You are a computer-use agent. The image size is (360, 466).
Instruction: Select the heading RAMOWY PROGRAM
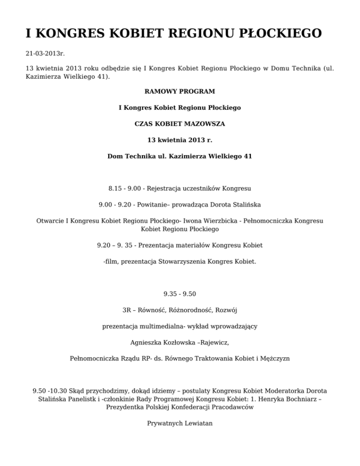click(180, 91)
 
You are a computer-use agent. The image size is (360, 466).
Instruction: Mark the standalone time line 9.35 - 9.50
click(180, 294)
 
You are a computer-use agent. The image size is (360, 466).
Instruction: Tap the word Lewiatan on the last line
click(195, 423)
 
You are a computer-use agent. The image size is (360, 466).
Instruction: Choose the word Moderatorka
click(284, 391)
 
